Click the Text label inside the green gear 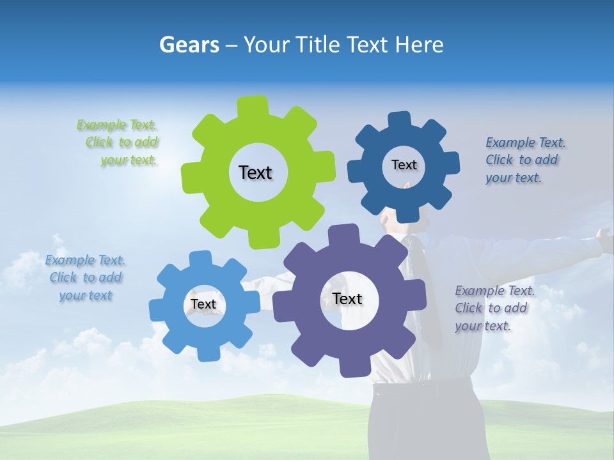coord(255,172)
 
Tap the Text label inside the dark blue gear coord(404,165)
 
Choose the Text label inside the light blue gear coord(203,304)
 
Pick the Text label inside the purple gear coord(347,298)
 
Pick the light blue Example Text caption coord(85,278)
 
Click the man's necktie coord(425,287)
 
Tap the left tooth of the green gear coord(191,174)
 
